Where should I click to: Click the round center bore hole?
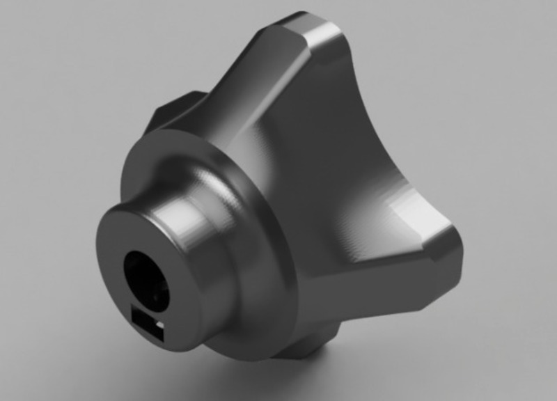147,281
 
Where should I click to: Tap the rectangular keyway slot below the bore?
147,324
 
